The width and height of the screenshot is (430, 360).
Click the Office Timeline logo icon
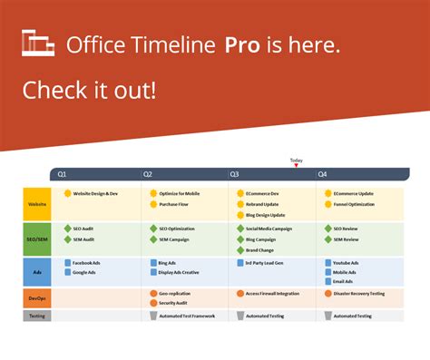[x=39, y=44]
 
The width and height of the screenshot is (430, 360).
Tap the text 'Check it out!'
[x=88, y=90]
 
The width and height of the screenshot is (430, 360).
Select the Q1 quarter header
[x=62, y=174]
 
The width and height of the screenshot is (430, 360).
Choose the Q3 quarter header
[x=234, y=174]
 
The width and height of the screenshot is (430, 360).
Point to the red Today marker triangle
[x=296, y=166]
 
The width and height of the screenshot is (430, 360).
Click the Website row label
[x=37, y=204]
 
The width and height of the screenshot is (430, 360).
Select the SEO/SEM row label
[x=37, y=238]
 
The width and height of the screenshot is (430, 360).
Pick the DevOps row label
[x=37, y=297]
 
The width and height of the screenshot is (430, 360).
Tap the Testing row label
[x=37, y=316]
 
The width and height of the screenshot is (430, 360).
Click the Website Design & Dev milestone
[x=95, y=193]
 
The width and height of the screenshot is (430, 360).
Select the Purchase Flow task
[x=178, y=204]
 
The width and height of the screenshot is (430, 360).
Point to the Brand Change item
[x=259, y=249]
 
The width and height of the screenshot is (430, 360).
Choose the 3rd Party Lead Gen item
[x=266, y=263]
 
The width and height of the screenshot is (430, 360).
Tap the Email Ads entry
[x=343, y=281]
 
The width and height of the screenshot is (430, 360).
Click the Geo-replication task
[x=175, y=294]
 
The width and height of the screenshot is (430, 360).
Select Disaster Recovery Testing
[x=358, y=294]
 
